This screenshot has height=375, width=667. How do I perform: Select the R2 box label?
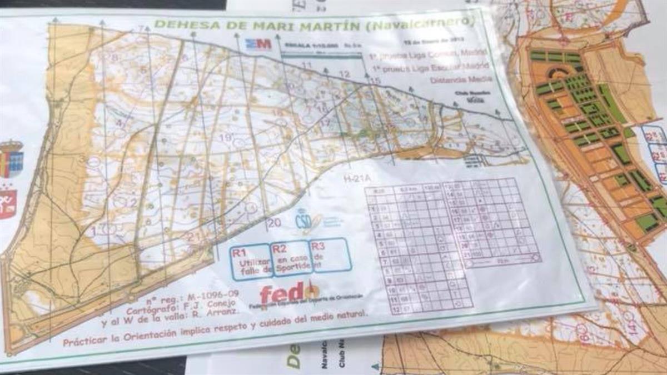[280, 247]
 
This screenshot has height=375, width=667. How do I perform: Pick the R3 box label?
[318, 245]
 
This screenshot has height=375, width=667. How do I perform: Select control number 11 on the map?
[306, 66]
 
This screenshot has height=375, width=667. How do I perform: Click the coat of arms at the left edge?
[11, 159]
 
